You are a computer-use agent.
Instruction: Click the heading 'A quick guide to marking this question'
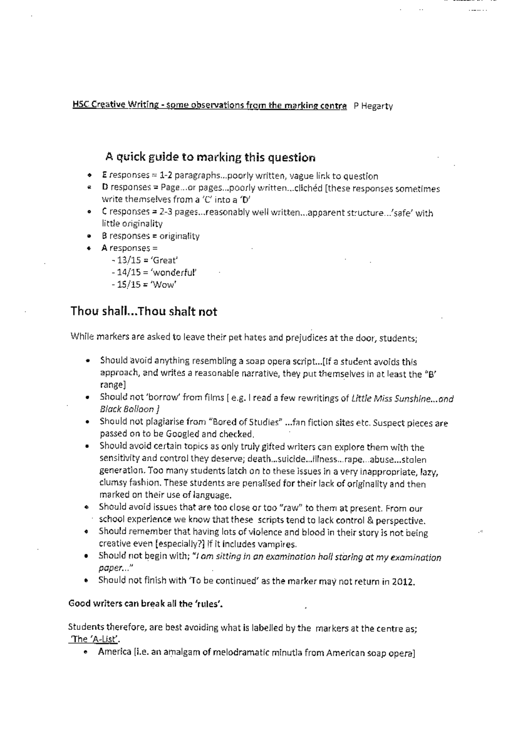(210, 157)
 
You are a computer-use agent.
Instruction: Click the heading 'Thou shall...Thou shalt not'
(144, 312)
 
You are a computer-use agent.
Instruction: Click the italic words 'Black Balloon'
(127, 409)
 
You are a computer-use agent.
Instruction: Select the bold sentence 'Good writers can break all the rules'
(145, 604)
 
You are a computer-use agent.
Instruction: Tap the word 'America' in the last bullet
(114, 652)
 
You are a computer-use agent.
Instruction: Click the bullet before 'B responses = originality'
(88, 236)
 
